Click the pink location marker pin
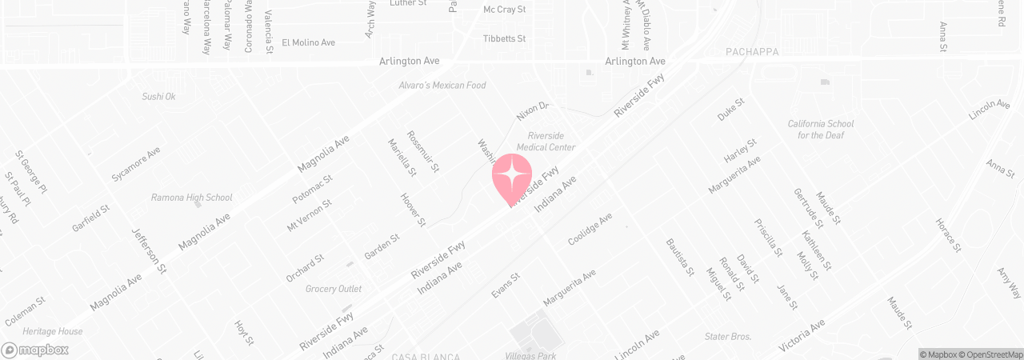(x=512, y=178)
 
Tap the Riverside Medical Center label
(x=546, y=141)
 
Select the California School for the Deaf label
(x=820, y=130)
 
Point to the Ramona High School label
(x=192, y=198)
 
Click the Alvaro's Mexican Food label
(x=442, y=86)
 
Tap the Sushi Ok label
(x=158, y=97)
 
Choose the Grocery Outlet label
(x=334, y=289)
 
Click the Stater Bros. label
(x=727, y=337)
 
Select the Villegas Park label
(x=530, y=355)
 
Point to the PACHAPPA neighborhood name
(x=751, y=52)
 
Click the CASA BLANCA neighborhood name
(x=426, y=356)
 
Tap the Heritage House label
(x=53, y=331)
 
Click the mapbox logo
(x=35, y=350)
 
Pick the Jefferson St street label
(x=149, y=250)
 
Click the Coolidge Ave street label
(x=590, y=229)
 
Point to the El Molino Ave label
(x=308, y=42)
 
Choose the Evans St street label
(x=506, y=286)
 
